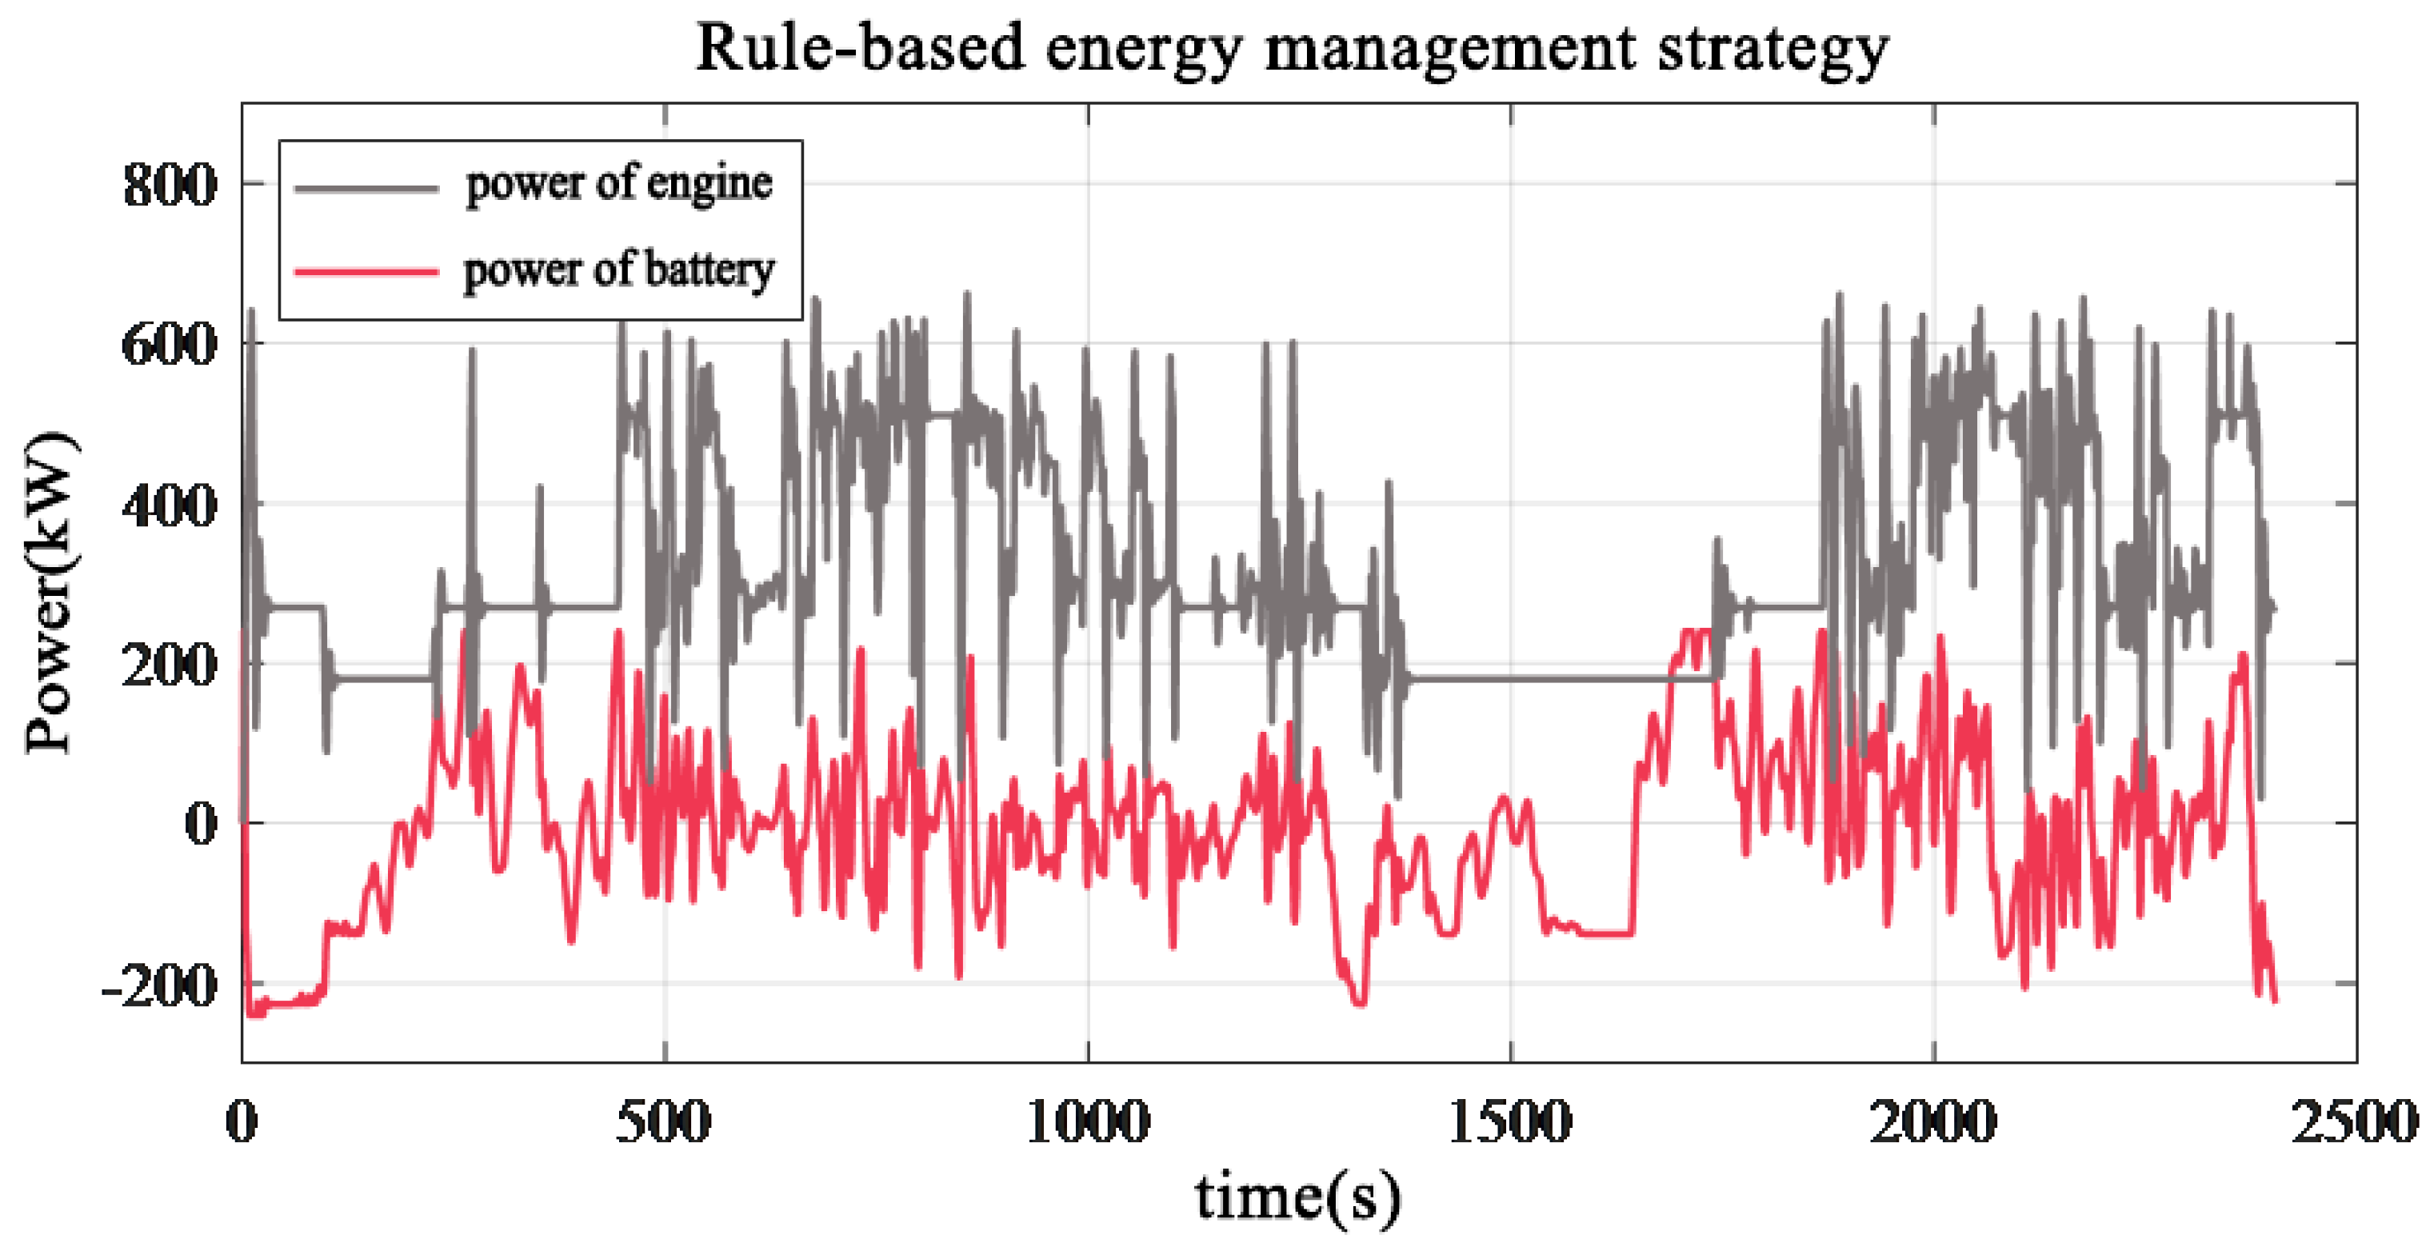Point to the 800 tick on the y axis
pyautogui.click(x=170, y=184)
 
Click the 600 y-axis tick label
pyautogui.click(x=170, y=344)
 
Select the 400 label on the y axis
pyautogui.click(x=170, y=506)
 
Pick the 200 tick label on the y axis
pyautogui.click(x=170, y=665)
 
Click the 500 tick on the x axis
pyautogui.click(x=663, y=1122)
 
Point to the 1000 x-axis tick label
pyautogui.click(x=1088, y=1122)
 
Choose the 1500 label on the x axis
pyautogui.click(x=1510, y=1122)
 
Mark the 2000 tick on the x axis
pyautogui.click(x=1933, y=1122)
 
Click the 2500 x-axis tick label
pyautogui.click(x=2352, y=1122)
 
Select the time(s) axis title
pyautogui.click(x=1297, y=1197)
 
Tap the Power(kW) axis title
pyautogui.click(x=49, y=593)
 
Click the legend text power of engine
pyautogui.click(x=619, y=183)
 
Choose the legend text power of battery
pyautogui.click(x=619, y=270)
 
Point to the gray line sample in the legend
pyautogui.click(x=366, y=189)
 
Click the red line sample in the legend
pyautogui.click(x=366, y=272)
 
